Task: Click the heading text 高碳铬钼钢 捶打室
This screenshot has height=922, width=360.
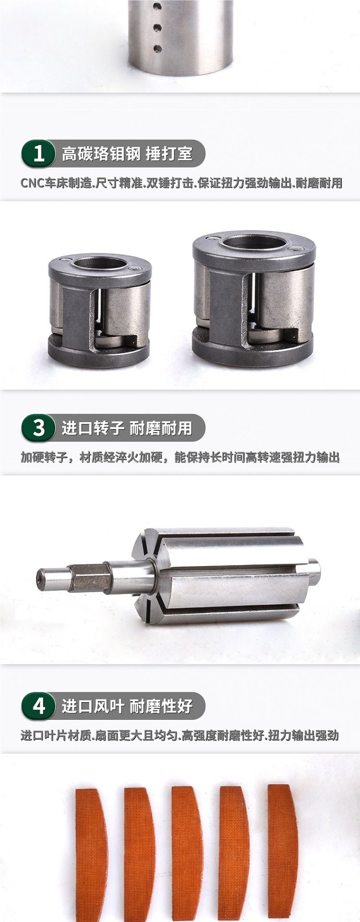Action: (x=127, y=154)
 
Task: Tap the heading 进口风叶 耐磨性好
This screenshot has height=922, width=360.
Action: (x=127, y=706)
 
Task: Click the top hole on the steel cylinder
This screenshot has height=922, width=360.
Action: (x=156, y=8)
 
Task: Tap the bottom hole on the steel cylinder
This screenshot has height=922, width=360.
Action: (x=156, y=48)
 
